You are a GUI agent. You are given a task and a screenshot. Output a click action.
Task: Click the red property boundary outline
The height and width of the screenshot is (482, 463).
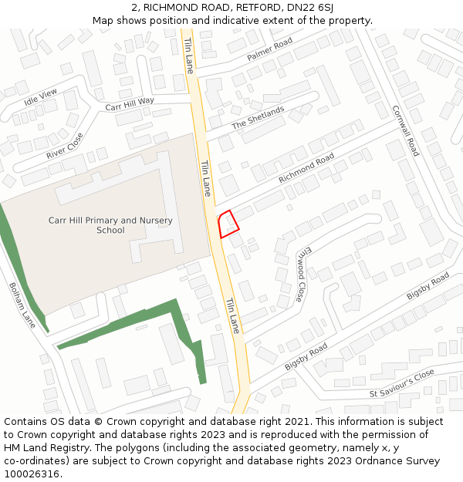pyautogui.click(x=228, y=224)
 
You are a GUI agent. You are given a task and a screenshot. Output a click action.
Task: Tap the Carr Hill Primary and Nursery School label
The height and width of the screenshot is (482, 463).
pyautogui.click(x=110, y=225)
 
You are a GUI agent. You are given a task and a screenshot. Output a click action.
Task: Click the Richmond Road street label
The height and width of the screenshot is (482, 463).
pyautogui.click(x=306, y=167)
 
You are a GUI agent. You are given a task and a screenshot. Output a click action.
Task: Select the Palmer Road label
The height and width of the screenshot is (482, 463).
pyautogui.click(x=269, y=50)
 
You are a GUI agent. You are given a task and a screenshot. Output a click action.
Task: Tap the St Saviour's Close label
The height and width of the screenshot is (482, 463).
pyautogui.click(x=401, y=383)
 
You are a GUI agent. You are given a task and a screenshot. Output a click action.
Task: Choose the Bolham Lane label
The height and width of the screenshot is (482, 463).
pyautogui.click(x=22, y=305)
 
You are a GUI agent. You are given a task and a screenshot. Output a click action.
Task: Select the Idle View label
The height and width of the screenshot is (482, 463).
pyautogui.click(x=41, y=97)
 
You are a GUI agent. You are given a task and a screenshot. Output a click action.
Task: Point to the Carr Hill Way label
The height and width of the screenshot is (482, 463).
pyautogui.click(x=130, y=103)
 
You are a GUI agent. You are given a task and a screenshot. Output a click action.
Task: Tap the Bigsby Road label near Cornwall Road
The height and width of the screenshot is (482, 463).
pyautogui.click(x=428, y=287)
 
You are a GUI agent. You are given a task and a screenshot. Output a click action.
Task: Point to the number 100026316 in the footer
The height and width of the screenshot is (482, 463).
pyautogui.click(x=30, y=474)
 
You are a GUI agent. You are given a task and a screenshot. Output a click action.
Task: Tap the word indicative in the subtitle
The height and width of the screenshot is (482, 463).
pyautogui.click(x=248, y=20)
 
